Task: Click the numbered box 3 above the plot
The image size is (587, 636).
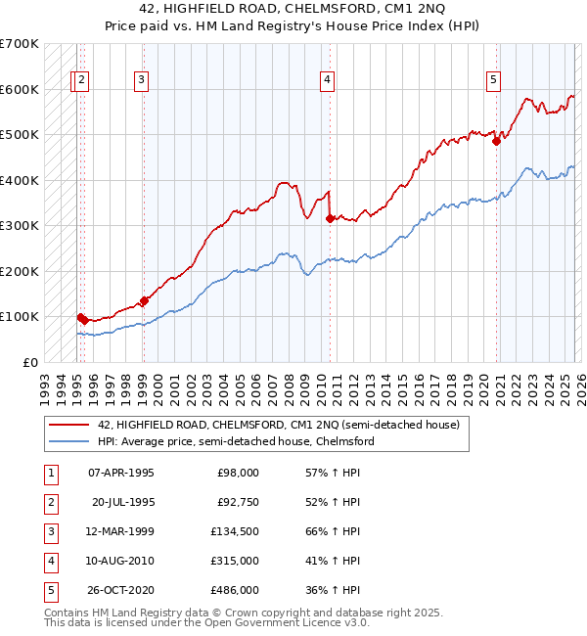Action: coord(142,80)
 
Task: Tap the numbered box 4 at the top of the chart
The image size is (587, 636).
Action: coord(327,80)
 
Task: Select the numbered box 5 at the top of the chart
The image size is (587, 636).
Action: coord(494,80)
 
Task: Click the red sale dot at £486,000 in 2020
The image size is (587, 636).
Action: coord(496,141)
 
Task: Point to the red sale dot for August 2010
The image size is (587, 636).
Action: coord(330,218)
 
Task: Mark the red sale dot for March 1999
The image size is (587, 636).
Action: coord(145,300)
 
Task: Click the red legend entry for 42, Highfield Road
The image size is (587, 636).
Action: coord(279,425)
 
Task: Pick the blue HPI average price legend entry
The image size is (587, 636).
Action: coord(235,441)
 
